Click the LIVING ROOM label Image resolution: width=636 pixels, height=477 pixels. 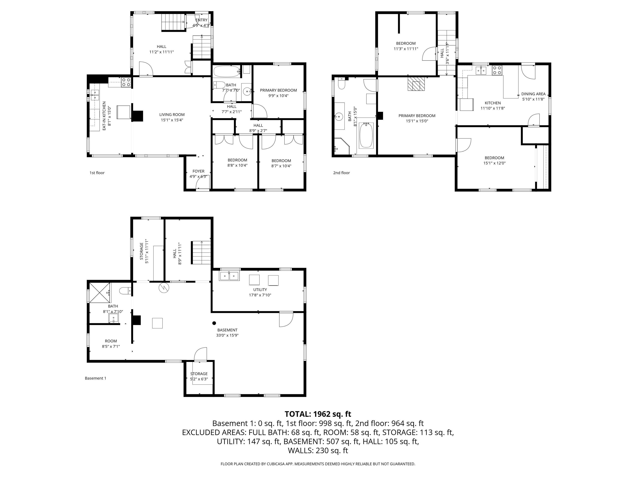pyautogui.click(x=172, y=115)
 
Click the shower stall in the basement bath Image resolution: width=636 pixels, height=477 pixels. pyautogui.click(x=100, y=293)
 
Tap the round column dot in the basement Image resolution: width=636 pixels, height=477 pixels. pyautogui.click(x=214, y=323)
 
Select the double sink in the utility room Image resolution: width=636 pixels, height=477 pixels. pyautogui.click(x=229, y=276)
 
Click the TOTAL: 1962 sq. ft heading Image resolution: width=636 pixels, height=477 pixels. pyautogui.click(x=318, y=414)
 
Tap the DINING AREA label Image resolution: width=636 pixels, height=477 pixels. pyautogui.click(x=533, y=94)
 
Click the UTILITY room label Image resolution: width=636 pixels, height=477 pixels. pyautogui.click(x=260, y=290)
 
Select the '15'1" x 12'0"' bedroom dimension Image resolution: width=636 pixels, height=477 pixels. pyautogui.click(x=494, y=163)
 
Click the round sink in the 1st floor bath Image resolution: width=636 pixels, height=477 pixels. pyautogui.click(x=247, y=92)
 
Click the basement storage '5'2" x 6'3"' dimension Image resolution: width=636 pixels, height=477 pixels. pyautogui.click(x=199, y=379)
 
